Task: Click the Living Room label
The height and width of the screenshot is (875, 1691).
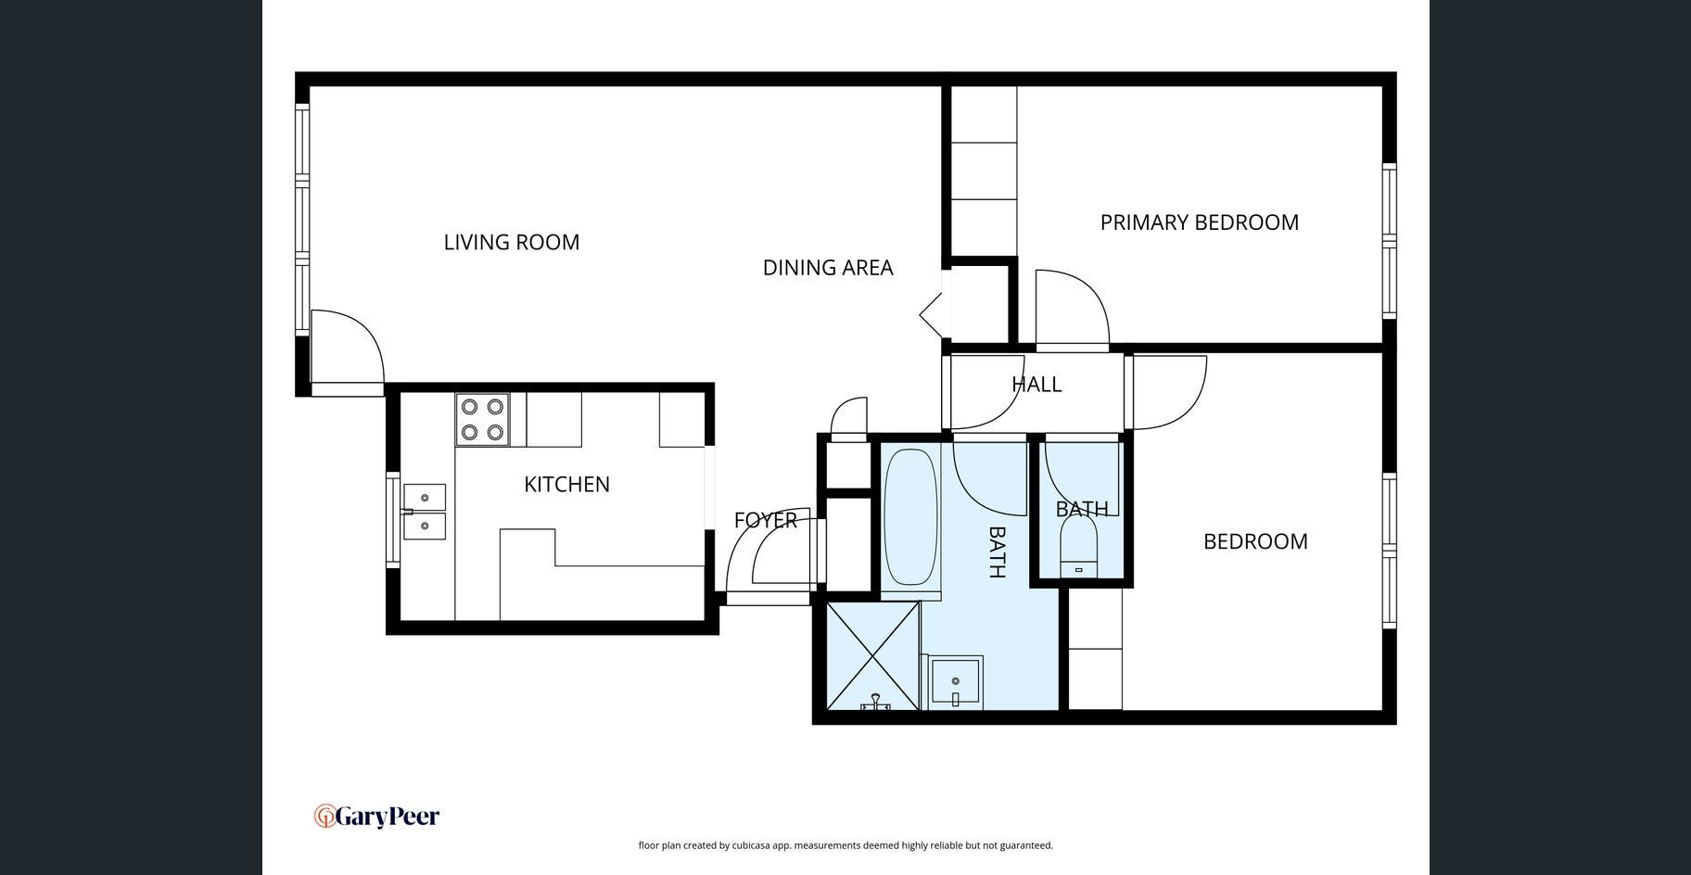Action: click(511, 242)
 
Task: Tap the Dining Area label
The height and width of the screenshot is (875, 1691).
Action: click(828, 268)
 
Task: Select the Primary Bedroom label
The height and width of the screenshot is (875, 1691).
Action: click(1200, 222)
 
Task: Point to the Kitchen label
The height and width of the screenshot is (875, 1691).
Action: click(566, 484)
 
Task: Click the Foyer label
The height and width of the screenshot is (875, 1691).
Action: click(766, 520)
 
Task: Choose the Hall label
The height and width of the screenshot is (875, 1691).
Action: click(1036, 384)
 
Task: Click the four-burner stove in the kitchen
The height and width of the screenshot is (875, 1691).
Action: click(482, 419)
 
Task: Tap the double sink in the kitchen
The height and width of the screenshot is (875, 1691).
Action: click(424, 512)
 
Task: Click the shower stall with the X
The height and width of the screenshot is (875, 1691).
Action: click(872, 655)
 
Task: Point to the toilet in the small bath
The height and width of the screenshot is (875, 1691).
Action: click(1078, 547)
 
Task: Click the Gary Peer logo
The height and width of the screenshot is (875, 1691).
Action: click(376, 816)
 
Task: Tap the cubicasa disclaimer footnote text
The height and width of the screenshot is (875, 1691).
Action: click(845, 845)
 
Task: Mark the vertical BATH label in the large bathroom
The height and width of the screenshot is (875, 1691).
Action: click(997, 552)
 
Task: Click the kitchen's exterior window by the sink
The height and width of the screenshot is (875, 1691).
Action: click(392, 519)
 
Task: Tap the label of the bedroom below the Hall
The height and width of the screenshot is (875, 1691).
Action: click(1255, 541)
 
